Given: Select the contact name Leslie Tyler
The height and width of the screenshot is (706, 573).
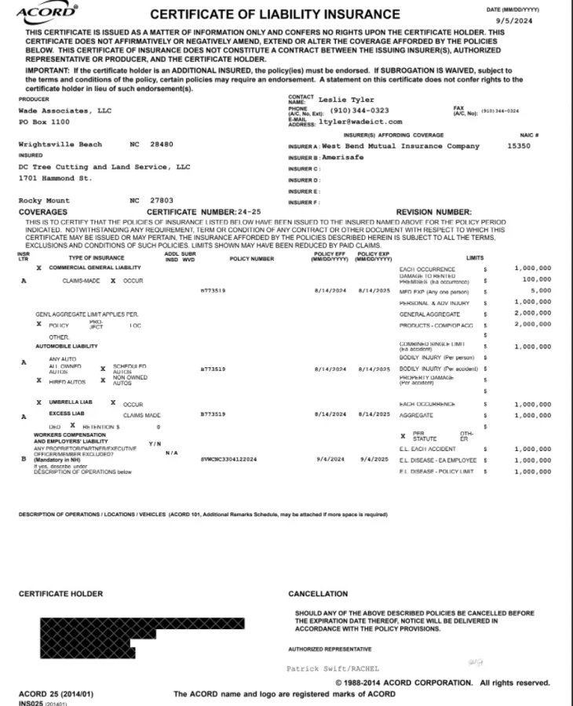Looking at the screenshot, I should tap(346, 100).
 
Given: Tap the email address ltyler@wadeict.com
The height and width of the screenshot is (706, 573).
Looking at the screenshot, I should tap(360, 122).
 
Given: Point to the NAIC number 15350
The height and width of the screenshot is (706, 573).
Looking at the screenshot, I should tap(519, 146).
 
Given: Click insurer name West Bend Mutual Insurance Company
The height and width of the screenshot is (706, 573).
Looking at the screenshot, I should tap(400, 146).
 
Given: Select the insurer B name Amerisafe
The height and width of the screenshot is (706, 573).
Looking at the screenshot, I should tap(341, 157).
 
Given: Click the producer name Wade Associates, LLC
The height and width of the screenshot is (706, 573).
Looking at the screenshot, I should tap(65, 111).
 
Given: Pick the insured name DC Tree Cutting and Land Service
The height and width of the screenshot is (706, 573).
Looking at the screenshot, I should tap(104, 167).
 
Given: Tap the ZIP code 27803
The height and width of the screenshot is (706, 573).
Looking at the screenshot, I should tap(162, 201).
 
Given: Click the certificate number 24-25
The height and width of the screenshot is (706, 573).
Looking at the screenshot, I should tap(249, 212).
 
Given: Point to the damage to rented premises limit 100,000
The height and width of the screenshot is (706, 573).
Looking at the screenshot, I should tap(537, 279).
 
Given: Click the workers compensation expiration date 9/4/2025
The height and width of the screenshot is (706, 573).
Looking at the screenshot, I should tap(373, 460).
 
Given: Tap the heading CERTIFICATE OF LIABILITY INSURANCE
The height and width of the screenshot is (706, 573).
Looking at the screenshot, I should tap(275, 14).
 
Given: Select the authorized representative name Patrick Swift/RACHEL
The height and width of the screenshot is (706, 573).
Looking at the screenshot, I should tap(333, 668).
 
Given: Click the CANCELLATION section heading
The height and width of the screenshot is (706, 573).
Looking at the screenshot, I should tap(317, 594).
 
